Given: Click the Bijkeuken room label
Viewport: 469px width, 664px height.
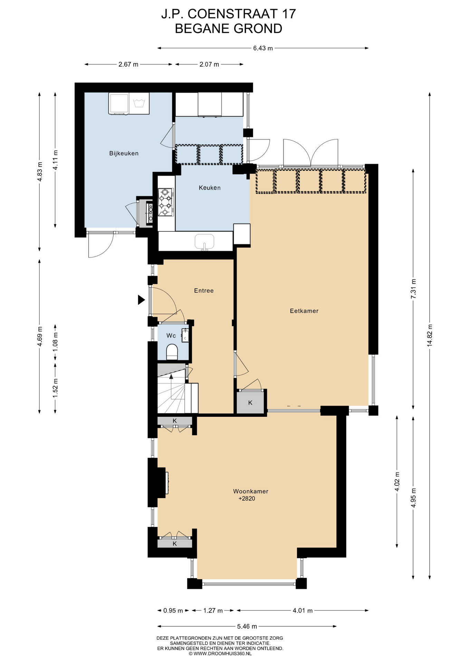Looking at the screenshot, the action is [x=124, y=153].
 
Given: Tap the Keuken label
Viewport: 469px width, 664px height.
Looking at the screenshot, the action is [x=210, y=188].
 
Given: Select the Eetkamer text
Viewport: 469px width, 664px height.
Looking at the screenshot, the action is [x=304, y=311].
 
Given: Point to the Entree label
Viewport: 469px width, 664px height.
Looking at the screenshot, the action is [x=204, y=290].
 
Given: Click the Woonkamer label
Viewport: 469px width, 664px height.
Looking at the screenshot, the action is [x=251, y=491].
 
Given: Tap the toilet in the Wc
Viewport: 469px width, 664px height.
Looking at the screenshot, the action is [x=172, y=352].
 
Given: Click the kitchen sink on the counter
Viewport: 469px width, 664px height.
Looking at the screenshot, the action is [x=204, y=242].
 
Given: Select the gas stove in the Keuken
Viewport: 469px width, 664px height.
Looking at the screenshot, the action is [x=165, y=202].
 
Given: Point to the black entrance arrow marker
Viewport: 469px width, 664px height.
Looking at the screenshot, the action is [x=141, y=300].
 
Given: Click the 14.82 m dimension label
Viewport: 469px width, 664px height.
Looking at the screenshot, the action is [x=430, y=335].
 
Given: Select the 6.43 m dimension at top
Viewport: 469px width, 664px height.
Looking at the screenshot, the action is [x=263, y=48].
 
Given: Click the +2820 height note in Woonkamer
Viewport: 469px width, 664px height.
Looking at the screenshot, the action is [x=247, y=498].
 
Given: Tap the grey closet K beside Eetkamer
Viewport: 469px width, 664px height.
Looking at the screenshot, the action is [x=250, y=402].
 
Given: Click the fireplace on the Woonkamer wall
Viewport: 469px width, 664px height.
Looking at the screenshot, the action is [x=163, y=482].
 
